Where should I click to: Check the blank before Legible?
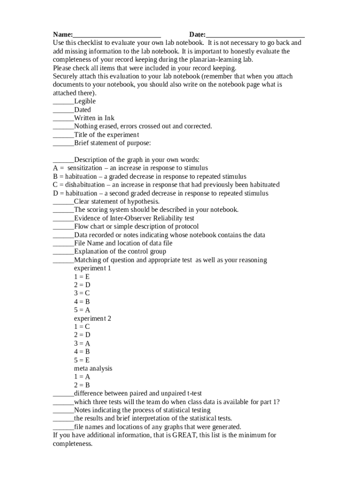pos(63,102)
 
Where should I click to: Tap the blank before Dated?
pos(63,110)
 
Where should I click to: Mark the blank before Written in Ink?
pos(63,118)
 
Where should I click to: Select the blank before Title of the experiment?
pos(63,135)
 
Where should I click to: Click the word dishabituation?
pos(85,185)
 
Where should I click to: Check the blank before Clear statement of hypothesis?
pos(63,202)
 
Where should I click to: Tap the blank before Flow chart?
pos(63,227)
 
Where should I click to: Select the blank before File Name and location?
pos(63,243)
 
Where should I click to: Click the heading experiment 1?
pos(93,269)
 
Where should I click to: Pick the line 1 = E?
pos(82,277)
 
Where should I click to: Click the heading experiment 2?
pos(93,319)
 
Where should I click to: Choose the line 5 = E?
pos(82,360)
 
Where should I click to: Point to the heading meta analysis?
pos(93,369)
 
